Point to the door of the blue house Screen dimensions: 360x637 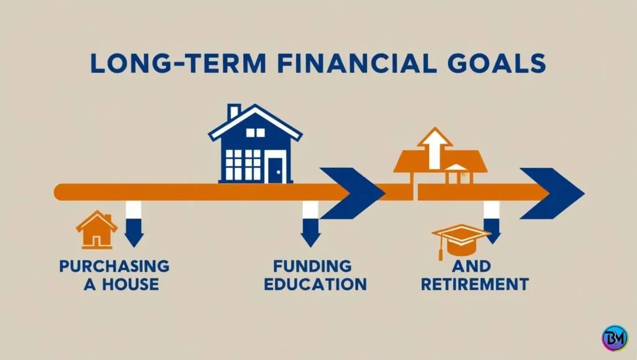pyautogui.click(x=274, y=167)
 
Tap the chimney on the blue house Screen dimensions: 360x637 pyautogui.click(x=234, y=112)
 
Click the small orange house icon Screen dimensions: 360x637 pyautogui.click(x=96, y=229)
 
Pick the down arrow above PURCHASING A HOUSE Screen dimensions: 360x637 pyautogui.click(x=134, y=225)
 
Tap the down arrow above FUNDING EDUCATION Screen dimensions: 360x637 pyautogui.click(x=310, y=225)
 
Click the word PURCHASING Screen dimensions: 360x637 pyautogui.click(x=114, y=266)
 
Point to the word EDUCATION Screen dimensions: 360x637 pyautogui.click(x=315, y=285)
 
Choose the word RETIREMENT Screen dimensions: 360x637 pyautogui.click(x=475, y=285)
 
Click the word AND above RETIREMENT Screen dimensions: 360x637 pyautogui.click(x=474, y=266)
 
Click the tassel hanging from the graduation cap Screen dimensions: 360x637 pyautogui.click(x=440, y=251)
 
